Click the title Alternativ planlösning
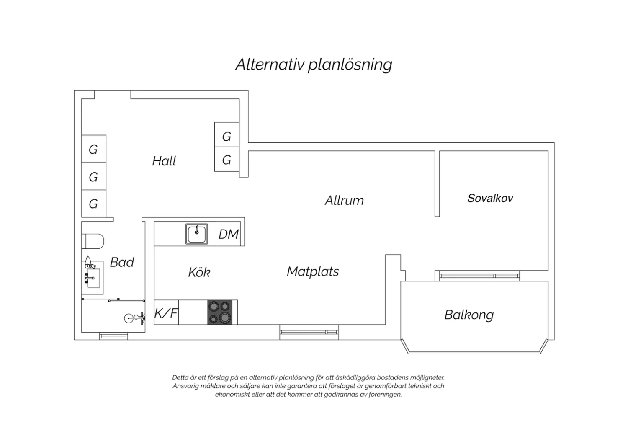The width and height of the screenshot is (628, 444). pyautogui.click(x=314, y=65)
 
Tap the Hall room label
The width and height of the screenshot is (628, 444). pyautogui.click(x=164, y=161)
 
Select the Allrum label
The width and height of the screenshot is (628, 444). pyautogui.click(x=344, y=201)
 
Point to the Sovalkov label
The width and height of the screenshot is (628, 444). pyautogui.click(x=490, y=198)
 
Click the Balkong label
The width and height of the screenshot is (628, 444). pyautogui.click(x=469, y=315)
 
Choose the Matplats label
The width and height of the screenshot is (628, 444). pyautogui.click(x=313, y=271)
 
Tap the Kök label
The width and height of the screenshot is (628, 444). pyautogui.click(x=199, y=272)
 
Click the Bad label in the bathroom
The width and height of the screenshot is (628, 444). pyautogui.click(x=122, y=262)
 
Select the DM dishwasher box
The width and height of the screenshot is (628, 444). pyautogui.click(x=229, y=234)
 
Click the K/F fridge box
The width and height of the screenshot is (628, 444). pyautogui.click(x=166, y=312)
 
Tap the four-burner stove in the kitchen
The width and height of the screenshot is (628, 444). pyautogui.click(x=220, y=312)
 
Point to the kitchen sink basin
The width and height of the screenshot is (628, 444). pyautogui.click(x=196, y=234)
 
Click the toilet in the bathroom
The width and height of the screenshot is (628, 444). pyautogui.click(x=93, y=241)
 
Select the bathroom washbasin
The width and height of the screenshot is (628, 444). pyautogui.click(x=93, y=278)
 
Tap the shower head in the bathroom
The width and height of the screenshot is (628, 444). pyautogui.click(x=134, y=318)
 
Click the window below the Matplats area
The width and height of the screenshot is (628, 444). pyautogui.click(x=309, y=332)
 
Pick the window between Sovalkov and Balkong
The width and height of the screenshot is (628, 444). pyautogui.click(x=477, y=276)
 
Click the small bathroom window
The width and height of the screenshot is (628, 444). pyautogui.click(x=113, y=336)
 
